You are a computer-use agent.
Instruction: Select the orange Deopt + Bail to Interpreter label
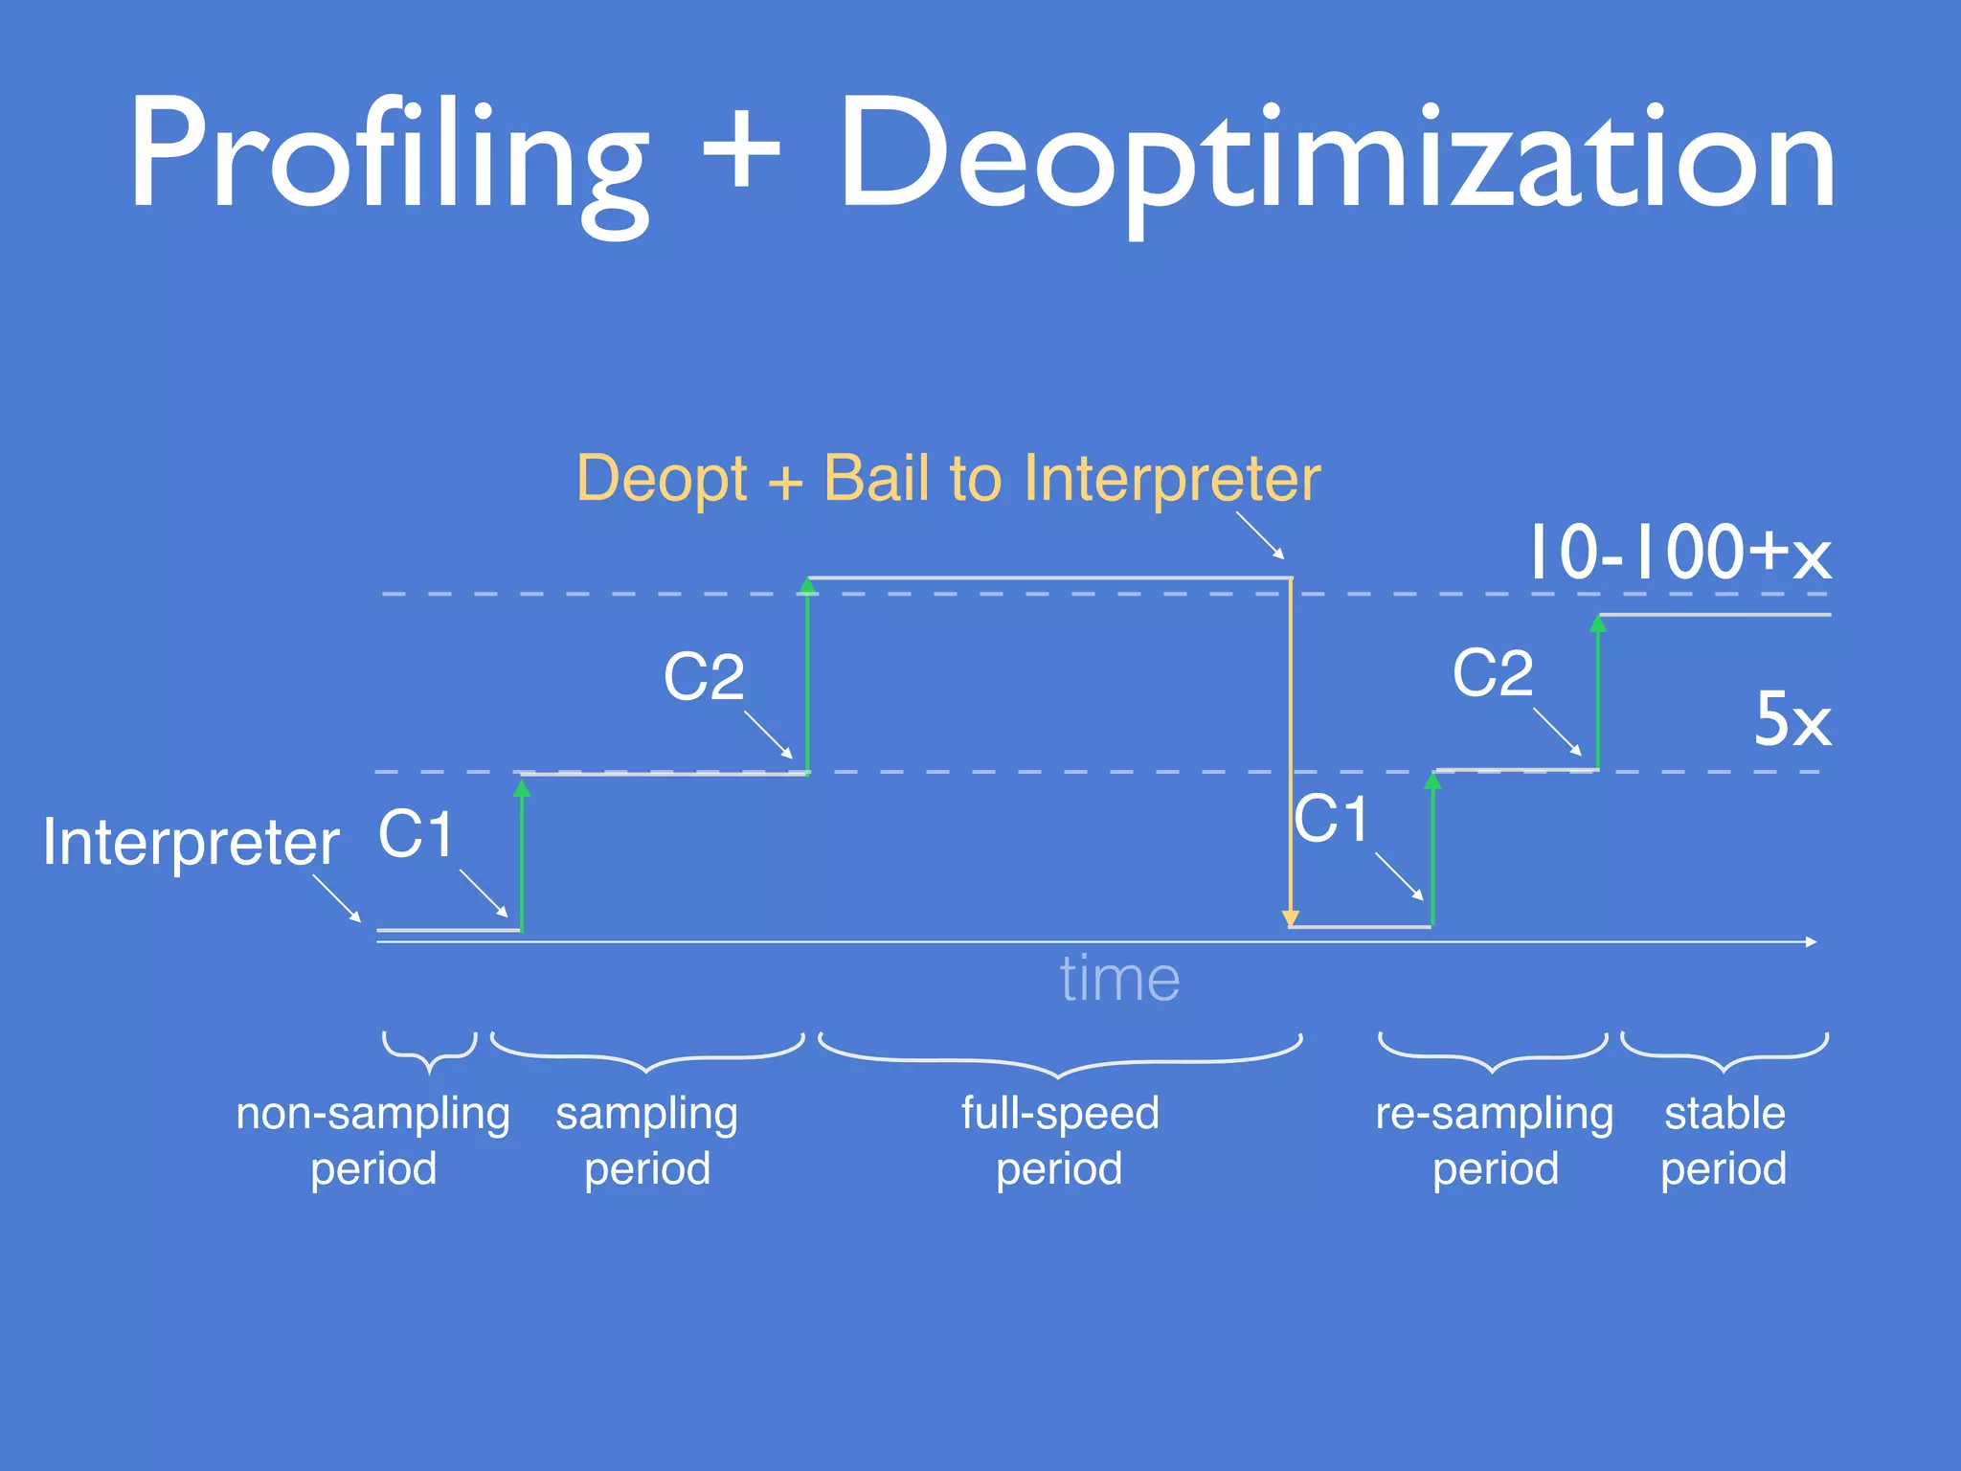tap(948, 478)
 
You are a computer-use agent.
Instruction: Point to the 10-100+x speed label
tap(1678, 553)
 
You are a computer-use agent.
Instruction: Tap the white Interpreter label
tap(191, 843)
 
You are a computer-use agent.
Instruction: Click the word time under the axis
tap(1119, 979)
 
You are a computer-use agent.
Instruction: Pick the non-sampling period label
tap(373, 1141)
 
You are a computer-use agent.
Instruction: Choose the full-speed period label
tap(1060, 1141)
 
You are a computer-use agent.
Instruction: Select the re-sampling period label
tap(1495, 1141)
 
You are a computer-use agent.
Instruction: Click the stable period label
tap(1724, 1141)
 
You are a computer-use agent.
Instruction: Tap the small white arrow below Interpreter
tap(337, 897)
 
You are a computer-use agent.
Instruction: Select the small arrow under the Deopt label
tap(1260, 535)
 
